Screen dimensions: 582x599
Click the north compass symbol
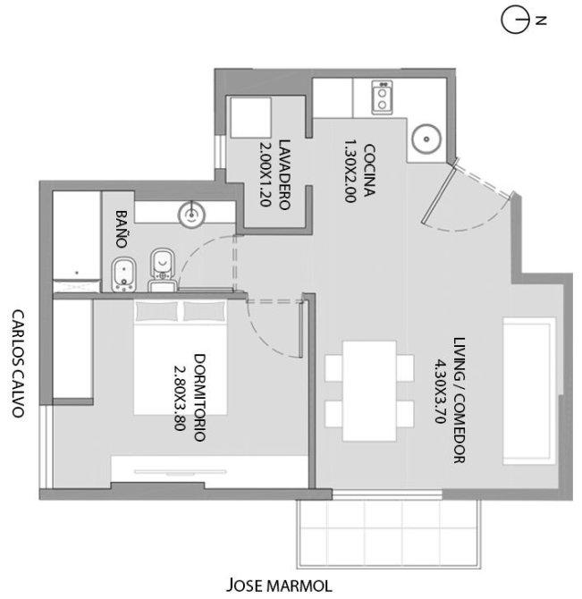point(516,20)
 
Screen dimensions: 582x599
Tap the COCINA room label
point(369,170)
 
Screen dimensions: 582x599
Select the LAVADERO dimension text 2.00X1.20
point(266,174)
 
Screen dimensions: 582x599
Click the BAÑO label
point(122,229)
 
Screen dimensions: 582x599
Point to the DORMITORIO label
point(199,398)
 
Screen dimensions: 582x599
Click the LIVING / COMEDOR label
point(459,400)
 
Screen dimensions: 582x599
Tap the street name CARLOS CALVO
point(18,363)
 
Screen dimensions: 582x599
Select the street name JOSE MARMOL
point(279,585)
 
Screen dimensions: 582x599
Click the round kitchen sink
point(426,139)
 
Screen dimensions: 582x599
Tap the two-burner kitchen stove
point(382,97)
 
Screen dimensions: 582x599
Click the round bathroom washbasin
point(191,215)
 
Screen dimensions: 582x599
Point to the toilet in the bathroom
point(163,269)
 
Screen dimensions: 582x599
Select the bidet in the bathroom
point(124,274)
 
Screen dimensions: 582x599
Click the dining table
point(369,391)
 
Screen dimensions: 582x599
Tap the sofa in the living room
point(529,391)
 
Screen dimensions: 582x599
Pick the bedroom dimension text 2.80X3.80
point(180,398)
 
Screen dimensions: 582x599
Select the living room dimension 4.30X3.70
point(440,391)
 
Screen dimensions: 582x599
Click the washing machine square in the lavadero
point(251,117)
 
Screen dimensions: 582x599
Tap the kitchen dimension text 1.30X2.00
point(350,171)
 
